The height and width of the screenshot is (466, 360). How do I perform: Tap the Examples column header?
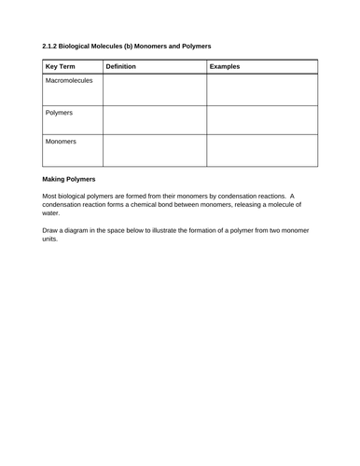coord(226,67)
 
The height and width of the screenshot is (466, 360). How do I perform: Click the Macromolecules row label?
coord(69,81)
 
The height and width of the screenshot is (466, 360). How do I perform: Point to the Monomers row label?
coord(61,142)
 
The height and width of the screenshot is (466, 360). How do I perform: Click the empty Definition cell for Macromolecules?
coord(154,90)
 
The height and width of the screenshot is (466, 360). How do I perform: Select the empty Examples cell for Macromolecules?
coord(262,90)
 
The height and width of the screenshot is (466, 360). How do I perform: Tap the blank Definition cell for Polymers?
coord(154,120)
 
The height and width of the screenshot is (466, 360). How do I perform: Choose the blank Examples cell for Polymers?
coord(262,120)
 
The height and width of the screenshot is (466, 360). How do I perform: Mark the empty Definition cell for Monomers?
coord(154,151)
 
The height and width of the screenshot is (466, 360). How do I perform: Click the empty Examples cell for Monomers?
coord(262,151)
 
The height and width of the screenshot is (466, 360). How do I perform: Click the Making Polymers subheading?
coord(76,180)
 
